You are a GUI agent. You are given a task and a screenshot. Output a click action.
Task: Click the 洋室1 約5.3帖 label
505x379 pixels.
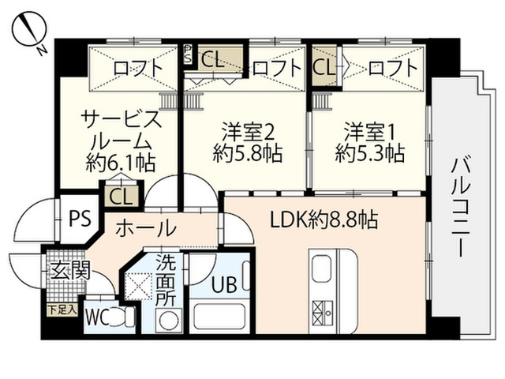pyautogui.click(x=369, y=141)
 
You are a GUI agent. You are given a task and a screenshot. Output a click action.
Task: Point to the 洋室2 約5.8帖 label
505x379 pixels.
pyautogui.click(x=247, y=141)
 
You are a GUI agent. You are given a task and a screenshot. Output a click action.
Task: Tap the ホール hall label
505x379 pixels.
pyautogui.click(x=146, y=229)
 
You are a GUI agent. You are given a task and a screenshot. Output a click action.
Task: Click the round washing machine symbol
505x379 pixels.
pyautogui.click(x=167, y=320)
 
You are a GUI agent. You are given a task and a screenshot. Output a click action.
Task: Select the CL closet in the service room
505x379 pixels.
pyautogui.click(x=120, y=194)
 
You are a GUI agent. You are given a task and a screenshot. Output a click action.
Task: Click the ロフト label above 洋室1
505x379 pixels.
pyautogui.click(x=391, y=68)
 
